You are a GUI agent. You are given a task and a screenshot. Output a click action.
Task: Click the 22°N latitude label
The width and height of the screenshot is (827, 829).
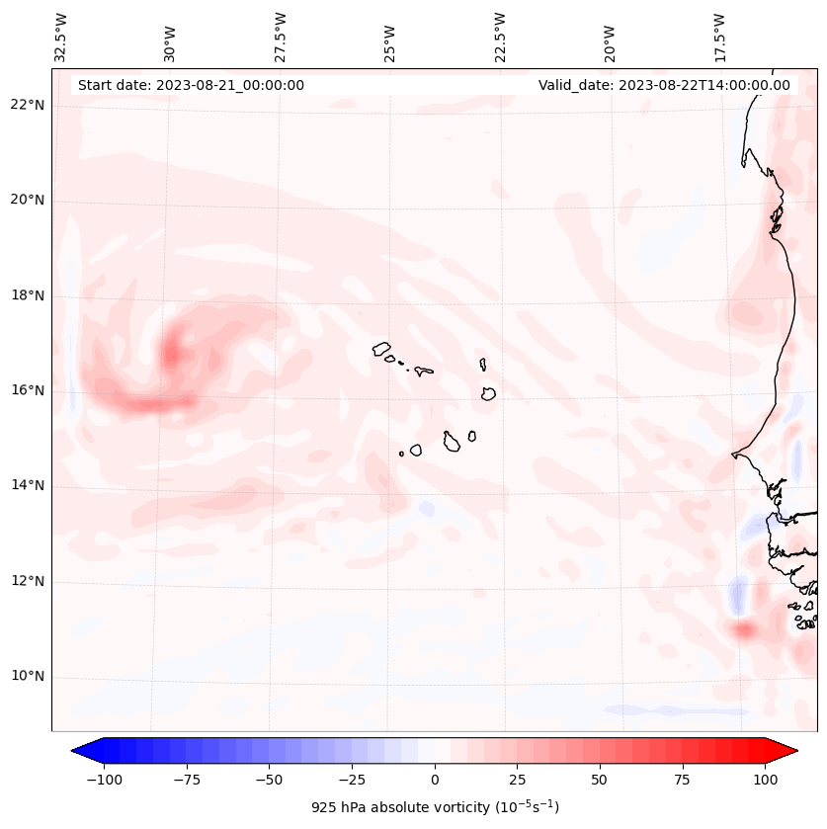pyautogui.click(x=28, y=105)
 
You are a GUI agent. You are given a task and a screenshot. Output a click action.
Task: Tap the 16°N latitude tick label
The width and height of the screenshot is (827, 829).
pyautogui.click(x=28, y=390)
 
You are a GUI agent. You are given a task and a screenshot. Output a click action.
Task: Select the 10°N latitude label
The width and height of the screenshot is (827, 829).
pyautogui.click(x=28, y=676)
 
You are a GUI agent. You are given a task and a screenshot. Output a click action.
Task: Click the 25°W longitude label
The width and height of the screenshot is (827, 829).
pyautogui.click(x=390, y=39)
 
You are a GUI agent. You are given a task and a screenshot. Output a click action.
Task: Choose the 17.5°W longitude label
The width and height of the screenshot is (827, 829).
pyautogui.click(x=719, y=36)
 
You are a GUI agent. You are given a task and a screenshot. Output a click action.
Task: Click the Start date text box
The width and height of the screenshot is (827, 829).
pyautogui.click(x=191, y=85)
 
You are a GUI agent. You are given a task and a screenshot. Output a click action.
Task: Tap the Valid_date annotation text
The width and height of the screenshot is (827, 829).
pyautogui.click(x=664, y=85)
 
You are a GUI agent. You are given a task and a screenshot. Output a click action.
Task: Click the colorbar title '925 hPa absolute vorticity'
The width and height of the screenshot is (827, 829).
pyautogui.click(x=435, y=807)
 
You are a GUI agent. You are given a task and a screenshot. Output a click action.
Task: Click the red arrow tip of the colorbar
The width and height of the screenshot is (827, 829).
pyautogui.click(x=786, y=751)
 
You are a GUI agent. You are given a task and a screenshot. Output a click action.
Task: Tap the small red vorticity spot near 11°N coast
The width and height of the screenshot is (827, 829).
pyautogui.click(x=742, y=628)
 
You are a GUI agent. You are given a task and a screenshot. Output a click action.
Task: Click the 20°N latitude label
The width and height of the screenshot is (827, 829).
pyautogui.click(x=28, y=200)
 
